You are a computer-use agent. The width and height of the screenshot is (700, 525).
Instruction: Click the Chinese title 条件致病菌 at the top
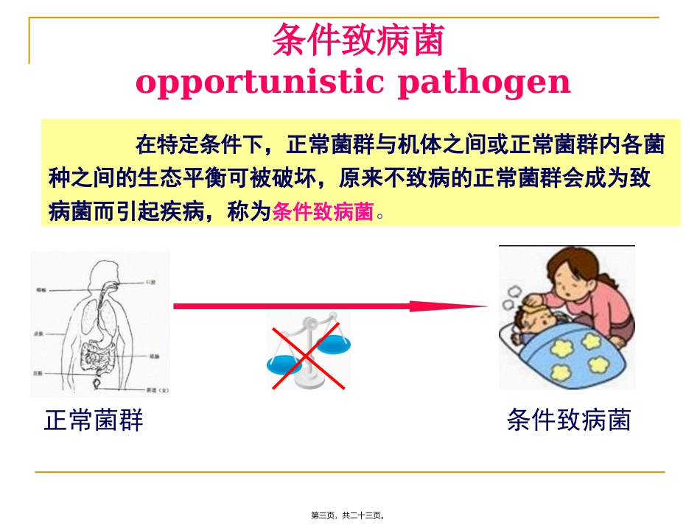tap(358, 41)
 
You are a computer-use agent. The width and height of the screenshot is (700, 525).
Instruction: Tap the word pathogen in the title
tap(484, 83)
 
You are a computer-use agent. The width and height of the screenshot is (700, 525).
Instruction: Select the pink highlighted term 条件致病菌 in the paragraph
tap(323, 212)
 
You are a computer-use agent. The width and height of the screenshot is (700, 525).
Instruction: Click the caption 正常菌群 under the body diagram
tap(94, 420)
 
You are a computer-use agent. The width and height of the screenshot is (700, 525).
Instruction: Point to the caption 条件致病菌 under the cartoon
tap(568, 420)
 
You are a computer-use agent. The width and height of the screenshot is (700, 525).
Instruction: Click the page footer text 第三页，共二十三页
tap(349, 515)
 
